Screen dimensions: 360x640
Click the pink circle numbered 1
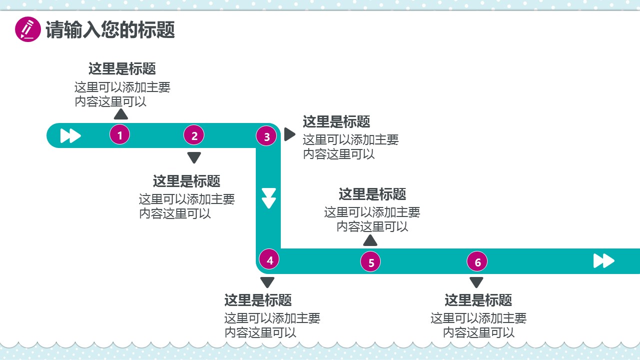(120, 134)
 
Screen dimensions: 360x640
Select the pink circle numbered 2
(194, 135)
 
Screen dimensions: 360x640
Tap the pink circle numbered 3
(266, 136)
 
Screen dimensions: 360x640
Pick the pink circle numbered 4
(270, 260)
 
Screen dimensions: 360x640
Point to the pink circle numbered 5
(371, 262)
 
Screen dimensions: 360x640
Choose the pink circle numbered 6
(478, 262)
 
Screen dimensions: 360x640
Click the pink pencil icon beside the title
(28, 29)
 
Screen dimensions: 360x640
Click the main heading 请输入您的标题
(110, 30)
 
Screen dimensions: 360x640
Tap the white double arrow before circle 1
(70, 135)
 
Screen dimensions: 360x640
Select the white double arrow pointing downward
(269, 198)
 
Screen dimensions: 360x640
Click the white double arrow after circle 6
(604, 260)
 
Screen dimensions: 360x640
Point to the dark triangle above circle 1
(121, 114)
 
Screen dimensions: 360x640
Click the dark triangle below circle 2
(194, 157)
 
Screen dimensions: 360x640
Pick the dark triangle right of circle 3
(289, 134)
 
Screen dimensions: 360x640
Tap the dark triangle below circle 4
(268, 282)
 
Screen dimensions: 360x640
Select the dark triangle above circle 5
(370, 240)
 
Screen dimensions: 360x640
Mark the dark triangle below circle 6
(477, 282)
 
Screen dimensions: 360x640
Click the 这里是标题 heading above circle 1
(122, 68)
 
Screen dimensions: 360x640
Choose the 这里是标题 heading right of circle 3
(336, 121)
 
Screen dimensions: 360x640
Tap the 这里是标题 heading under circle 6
(478, 300)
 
